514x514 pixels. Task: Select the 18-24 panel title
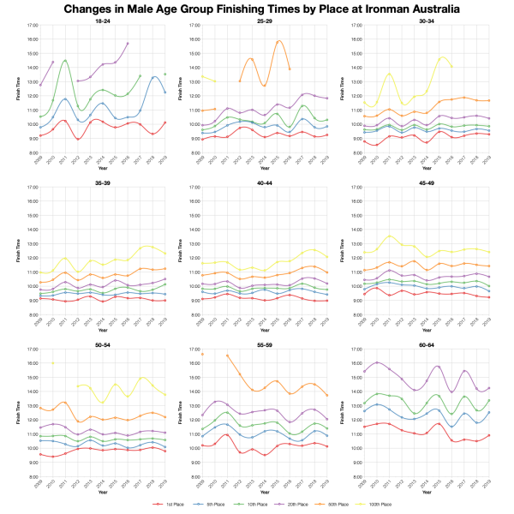point(102,21)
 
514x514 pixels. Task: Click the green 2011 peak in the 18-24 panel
point(65,61)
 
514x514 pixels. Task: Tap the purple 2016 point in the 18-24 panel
point(128,43)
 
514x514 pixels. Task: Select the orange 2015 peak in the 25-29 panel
point(278,40)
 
